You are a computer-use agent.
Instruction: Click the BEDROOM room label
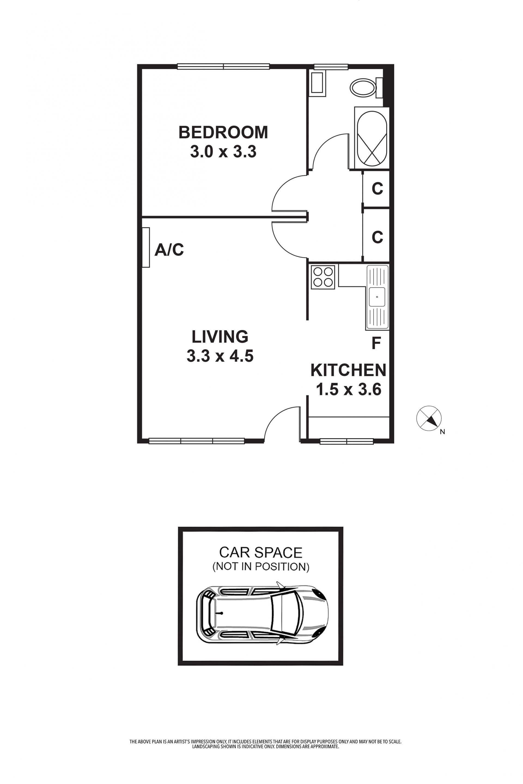tap(223, 132)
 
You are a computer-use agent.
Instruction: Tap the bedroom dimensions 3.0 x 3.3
tap(223, 152)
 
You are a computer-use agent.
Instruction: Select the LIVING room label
tap(220, 337)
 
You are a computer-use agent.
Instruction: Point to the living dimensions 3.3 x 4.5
tap(220, 356)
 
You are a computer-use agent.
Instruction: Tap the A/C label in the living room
tap(169, 250)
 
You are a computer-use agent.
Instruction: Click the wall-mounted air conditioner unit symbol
tap(146, 248)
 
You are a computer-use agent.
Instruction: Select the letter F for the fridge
tap(376, 343)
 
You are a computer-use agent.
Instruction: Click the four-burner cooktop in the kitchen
tap(323, 277)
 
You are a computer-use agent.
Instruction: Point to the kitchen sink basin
tap(377, 297)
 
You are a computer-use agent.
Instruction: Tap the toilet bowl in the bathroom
tap(363, 88)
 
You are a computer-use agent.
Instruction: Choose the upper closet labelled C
tap(376, 189)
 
